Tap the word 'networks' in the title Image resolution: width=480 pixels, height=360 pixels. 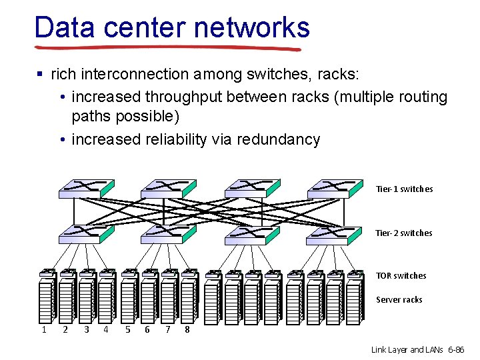coord(251,27)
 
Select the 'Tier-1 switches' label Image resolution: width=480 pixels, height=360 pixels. coord(404,189)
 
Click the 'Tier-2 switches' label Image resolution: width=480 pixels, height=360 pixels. coord(404,233)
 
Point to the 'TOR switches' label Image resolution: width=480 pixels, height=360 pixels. coord(401,276)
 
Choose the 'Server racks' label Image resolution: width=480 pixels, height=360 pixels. coord(399,300)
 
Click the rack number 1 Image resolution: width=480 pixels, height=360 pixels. coord(44,329)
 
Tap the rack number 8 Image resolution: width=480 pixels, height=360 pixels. coord(188,329)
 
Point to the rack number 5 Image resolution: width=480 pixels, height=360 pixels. coord(127,329)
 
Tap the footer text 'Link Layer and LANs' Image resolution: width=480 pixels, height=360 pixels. coord(406,350)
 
